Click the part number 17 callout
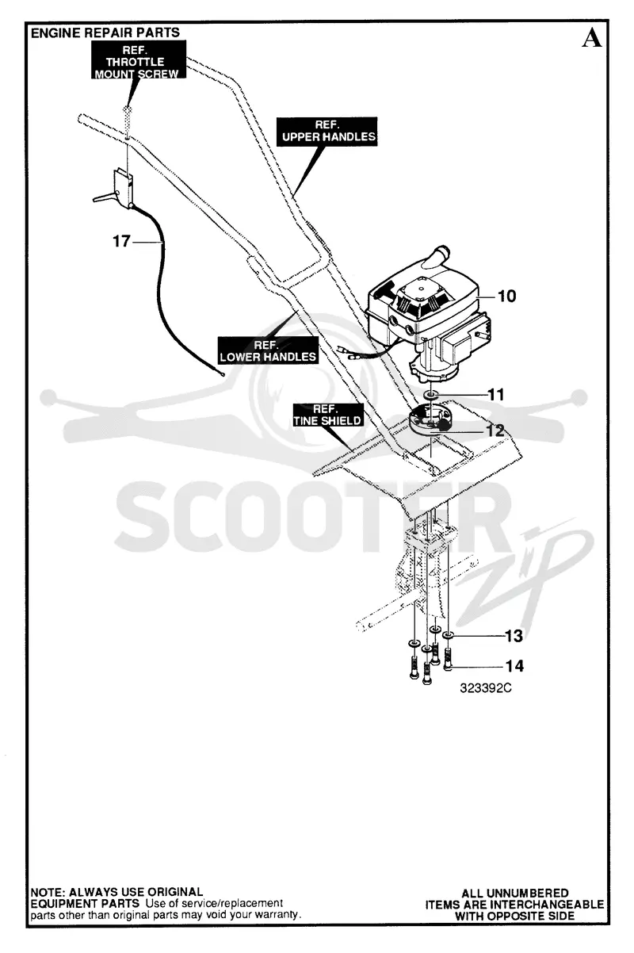(121, 241)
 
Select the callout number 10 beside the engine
(506, 296)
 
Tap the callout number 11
(496, 394)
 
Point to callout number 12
(495, 431)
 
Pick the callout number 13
(514, 636)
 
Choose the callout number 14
(514, 666)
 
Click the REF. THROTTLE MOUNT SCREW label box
(138, 60)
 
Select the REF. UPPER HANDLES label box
(327, 132)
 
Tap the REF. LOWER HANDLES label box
(268, 350)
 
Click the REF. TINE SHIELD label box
(328, 415)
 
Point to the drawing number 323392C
(486, 688)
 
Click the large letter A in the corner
(591, 39)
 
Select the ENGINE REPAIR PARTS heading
(105, 33)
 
